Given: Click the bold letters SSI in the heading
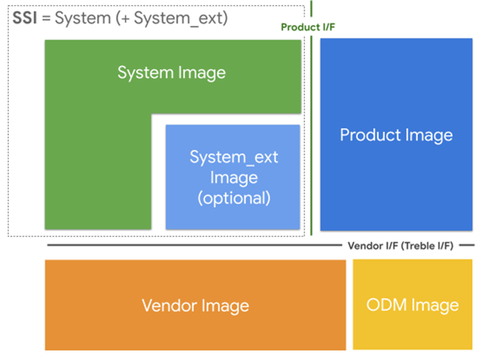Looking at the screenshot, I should click(x=25, y=18).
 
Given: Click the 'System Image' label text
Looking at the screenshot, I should click(x=171, y=73).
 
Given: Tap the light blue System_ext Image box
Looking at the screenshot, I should click(x=232, y=209).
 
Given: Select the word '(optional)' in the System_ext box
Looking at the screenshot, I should click(x=233, y=197).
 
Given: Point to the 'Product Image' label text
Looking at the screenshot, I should click(x=396, y=135).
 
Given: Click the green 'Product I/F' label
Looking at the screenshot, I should click(x=308, y=27).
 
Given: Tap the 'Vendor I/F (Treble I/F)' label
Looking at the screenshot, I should click(x=401, y=246).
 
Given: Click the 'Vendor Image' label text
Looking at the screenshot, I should click(x=195, y=305).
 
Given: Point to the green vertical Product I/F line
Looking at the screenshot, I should click(x=312, y=144).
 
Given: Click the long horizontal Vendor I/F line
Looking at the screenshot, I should click(x=195, y=246).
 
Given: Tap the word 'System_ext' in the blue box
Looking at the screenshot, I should click(x=233, y=157).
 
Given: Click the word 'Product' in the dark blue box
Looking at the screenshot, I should click(x=367, y=135).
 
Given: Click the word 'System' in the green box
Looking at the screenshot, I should click(x=146, y=73).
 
